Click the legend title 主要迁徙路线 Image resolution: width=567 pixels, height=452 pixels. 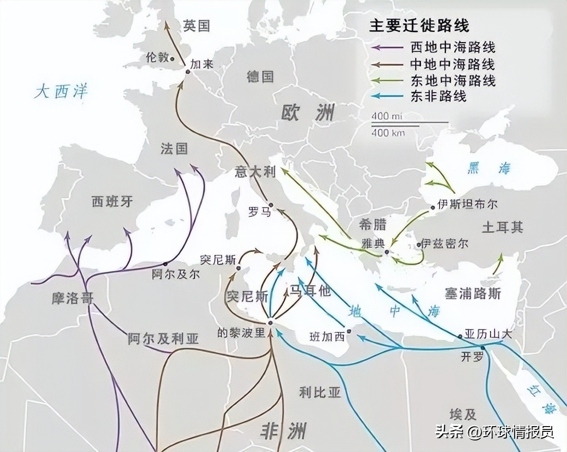(419, 25)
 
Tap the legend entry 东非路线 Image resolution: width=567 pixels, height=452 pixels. (438, 96)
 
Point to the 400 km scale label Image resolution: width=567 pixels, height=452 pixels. (388, 132)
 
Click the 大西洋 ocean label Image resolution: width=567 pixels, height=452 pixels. (61, 92)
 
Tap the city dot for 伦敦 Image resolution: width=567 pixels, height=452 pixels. (172, 59)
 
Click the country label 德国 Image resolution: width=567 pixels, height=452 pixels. (260, 76)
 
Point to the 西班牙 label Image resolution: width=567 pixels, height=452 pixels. (112, 202)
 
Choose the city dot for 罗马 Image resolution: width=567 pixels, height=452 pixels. (271, 205)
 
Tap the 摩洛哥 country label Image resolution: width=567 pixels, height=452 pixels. (72, 298)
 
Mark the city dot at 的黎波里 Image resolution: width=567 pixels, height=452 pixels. (270, 322)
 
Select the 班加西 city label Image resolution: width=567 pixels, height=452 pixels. (327, 337)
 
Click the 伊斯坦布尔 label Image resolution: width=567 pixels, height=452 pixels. (467, 204)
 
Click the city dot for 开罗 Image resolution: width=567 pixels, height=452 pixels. (482, 347)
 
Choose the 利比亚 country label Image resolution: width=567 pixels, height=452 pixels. (320, 393)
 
